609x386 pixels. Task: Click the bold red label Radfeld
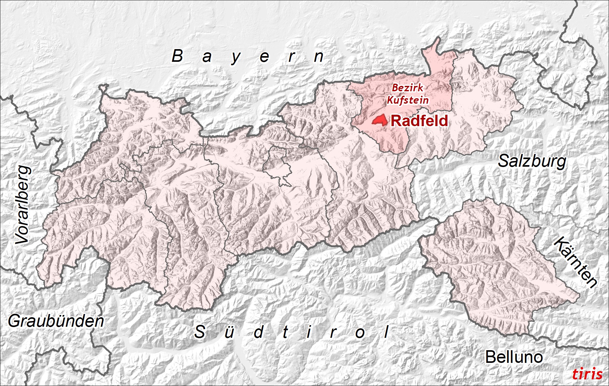(419, 121)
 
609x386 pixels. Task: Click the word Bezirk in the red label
(407, 87)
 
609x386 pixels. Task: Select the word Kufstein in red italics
(407, 100)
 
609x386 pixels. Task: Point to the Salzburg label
(532, 161)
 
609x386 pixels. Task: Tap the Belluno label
(514, 357)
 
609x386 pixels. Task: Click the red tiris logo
(587, 374)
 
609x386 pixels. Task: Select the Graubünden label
(56, 321)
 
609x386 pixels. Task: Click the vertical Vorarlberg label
(23, 205)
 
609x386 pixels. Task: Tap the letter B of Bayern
(177, 56)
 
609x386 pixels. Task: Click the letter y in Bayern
(235, 58)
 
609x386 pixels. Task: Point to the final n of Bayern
(318, 57)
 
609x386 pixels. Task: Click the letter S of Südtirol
(200, 332)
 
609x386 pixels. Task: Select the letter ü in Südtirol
(229, 332)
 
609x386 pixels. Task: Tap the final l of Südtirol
(387, 332)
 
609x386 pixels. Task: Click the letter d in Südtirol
(259, 332)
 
